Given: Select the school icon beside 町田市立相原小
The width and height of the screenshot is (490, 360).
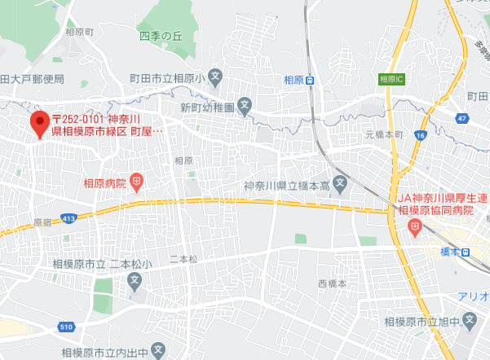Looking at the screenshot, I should point(214,78).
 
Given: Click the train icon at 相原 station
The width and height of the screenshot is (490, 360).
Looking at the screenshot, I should point(321,80).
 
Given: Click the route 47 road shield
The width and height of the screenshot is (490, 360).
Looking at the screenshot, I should point(461,119).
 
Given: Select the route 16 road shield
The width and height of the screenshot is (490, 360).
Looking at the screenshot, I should point(420,135).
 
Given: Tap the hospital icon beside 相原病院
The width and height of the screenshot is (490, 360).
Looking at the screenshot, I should point(137,183).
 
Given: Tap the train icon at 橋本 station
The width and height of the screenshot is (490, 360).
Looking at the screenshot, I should point(465,252).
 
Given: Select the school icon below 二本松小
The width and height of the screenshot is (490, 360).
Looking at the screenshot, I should point(135,280).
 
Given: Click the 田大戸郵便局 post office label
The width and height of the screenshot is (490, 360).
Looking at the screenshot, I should point(32,80).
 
